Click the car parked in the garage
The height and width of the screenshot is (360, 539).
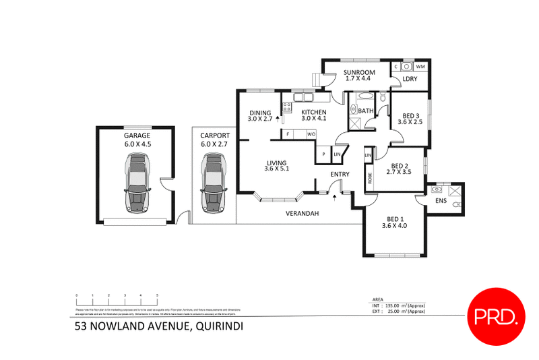137,182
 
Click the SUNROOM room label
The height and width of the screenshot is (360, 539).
358,72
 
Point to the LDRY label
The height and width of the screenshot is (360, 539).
410,79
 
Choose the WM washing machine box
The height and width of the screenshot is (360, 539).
420,66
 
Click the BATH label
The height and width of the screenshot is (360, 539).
365,111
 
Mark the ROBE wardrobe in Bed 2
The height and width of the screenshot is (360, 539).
369,179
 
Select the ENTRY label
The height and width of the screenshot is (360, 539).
340,175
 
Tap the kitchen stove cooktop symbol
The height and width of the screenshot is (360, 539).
286,106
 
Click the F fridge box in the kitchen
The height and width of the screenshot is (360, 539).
288,134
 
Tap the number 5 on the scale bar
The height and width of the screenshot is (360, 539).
157,295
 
